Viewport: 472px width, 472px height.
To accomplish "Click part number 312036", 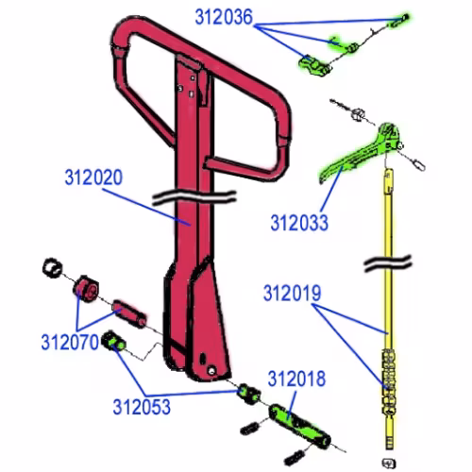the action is pos(224,17).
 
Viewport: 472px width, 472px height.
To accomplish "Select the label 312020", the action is pos(93,177).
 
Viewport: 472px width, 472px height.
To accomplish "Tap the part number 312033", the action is pos(299,223).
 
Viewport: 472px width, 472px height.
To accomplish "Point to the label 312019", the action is pos(292,294).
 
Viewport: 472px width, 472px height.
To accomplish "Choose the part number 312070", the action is pos(70,342).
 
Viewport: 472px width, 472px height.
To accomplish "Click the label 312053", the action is pos(142,407).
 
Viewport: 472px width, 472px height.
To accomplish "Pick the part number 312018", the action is pos(296,379).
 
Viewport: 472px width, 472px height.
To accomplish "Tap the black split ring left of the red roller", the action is pos(52,268).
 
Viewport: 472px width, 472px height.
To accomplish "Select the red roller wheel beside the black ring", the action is pos(86,288).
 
